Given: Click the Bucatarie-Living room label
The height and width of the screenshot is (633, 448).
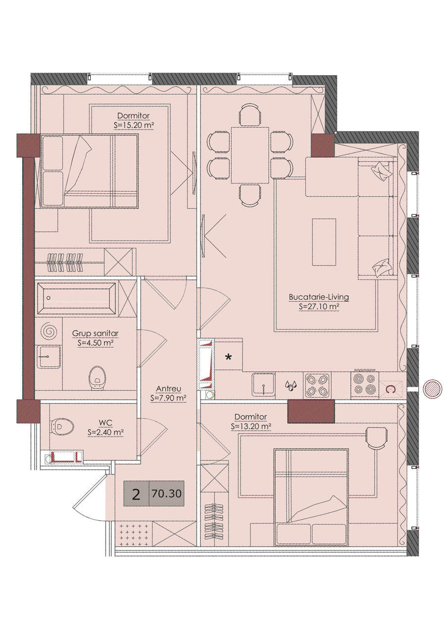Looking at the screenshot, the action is coord(319,297).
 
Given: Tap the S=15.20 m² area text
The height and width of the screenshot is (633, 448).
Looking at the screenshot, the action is coord(134,125).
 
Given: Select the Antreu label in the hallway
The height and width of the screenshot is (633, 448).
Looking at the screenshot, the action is coord(168,389).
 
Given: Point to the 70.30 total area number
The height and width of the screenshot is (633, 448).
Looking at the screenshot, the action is coord(167,494).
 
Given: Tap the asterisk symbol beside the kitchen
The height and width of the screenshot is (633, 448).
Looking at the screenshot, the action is coord(228,358).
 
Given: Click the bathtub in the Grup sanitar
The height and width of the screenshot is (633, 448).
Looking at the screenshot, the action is coord(76,298).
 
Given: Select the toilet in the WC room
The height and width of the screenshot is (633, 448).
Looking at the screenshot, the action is coord(62,426).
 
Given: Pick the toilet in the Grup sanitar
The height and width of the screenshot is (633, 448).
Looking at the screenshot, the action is coord(97,378).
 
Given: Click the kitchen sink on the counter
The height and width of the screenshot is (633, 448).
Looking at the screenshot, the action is coord(263,384).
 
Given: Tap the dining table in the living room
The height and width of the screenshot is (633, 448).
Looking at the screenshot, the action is coord(250,155).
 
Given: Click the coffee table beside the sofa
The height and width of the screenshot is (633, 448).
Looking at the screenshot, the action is coord(324,242).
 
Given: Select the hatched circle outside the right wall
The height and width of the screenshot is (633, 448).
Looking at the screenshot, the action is coord(432,389).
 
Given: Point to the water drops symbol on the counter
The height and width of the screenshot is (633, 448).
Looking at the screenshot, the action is coord(291,386).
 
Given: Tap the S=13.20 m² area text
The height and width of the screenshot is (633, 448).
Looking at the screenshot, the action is coord(251,426).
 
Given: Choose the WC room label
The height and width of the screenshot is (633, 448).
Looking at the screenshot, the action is coord(105,423).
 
